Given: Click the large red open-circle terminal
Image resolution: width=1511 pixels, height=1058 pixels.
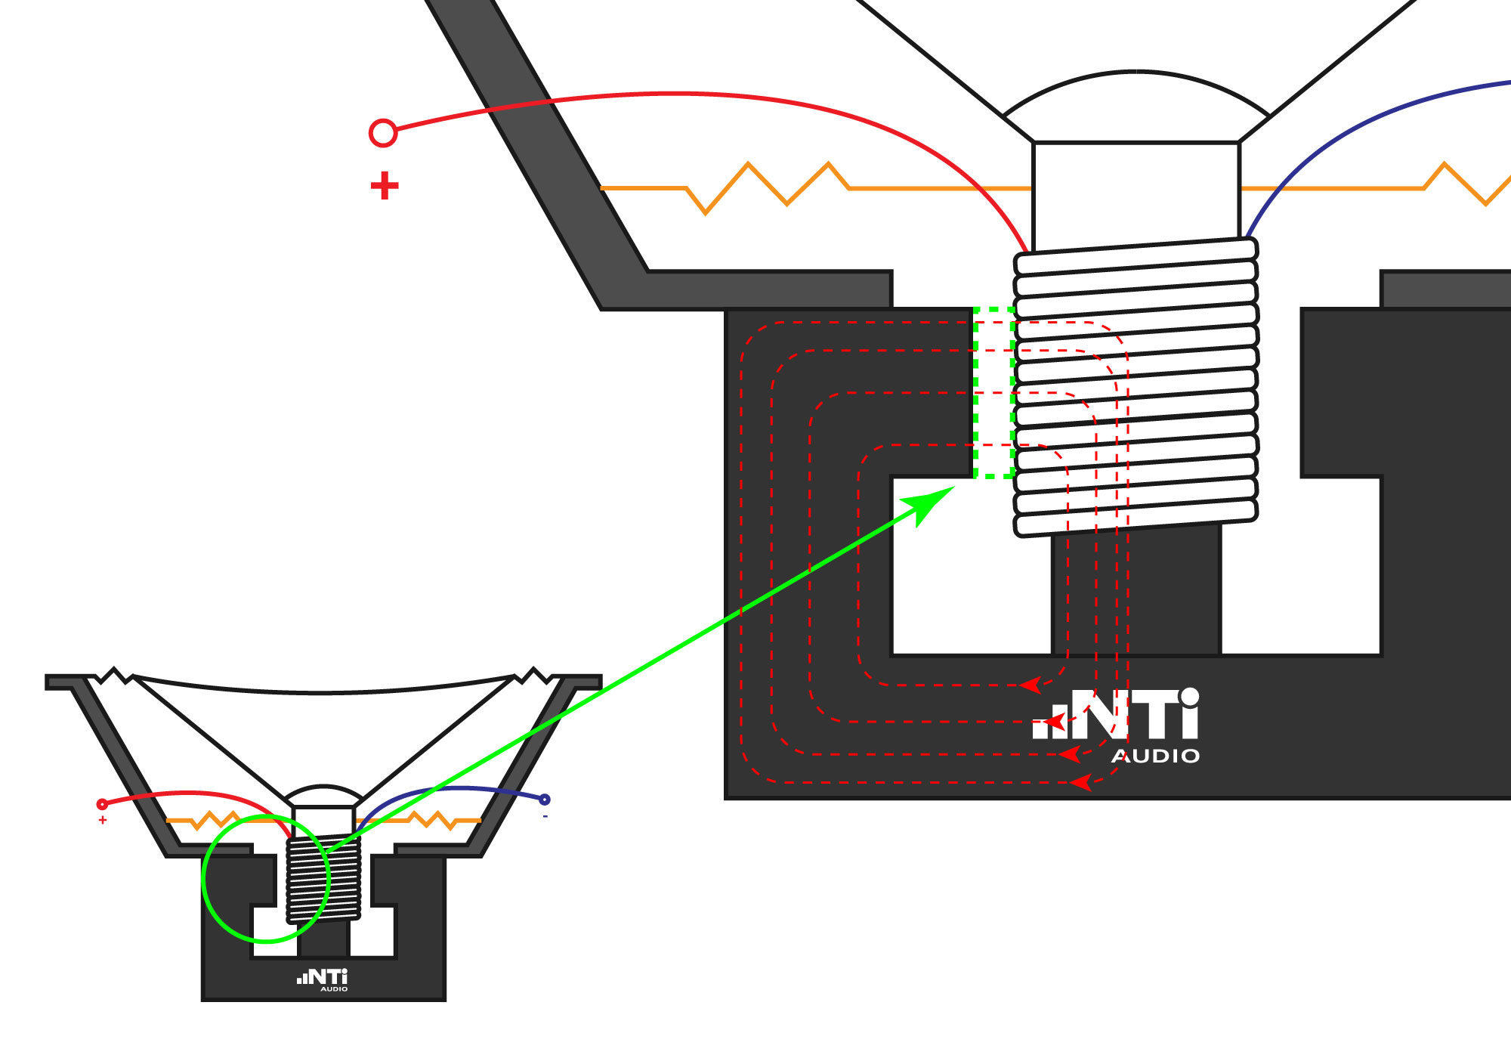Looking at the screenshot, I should pyautogui.click(x=383, y=133).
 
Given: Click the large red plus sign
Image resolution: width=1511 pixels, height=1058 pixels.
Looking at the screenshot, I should pyautogui.click(x=385, y=186).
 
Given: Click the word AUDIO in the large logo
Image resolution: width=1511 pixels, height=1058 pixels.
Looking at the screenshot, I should pyautogui.click(x=1156, y=756).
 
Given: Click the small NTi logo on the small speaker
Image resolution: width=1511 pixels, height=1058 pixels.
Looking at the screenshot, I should pyautogui.click(x=323, y=978).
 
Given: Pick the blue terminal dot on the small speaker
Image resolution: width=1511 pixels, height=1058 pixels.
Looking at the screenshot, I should pyautogui.click(x=545, y=800).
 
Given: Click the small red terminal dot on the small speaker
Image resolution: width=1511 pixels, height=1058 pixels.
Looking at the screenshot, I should pyautogui.click(x=102, y=804).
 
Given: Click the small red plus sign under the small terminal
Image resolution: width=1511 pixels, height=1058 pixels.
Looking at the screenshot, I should pyautogui.click(x=103, y=820).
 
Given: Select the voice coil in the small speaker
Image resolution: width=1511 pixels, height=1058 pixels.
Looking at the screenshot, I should pyautogui.click(x=323, y=880).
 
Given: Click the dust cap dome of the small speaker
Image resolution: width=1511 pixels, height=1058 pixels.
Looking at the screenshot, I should pyautogui.click(x=323, y=795).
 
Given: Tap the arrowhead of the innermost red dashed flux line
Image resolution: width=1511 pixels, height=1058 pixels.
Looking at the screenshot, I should pyautogui.click(x=1029, y=685).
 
